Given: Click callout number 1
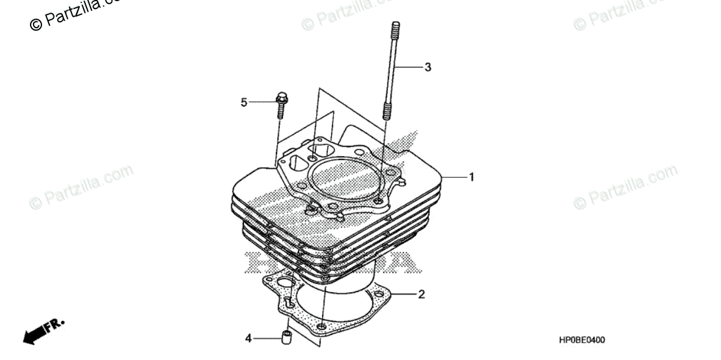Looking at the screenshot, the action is (472, 177).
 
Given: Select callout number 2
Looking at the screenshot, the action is (422, 294).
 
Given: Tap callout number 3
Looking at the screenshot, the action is (428, 67).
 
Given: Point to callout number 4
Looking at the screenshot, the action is (248, 339).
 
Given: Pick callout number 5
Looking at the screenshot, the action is (244, 103).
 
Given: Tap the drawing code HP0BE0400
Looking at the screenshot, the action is (582, 340).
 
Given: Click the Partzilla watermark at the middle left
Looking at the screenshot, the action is (81, 186).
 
